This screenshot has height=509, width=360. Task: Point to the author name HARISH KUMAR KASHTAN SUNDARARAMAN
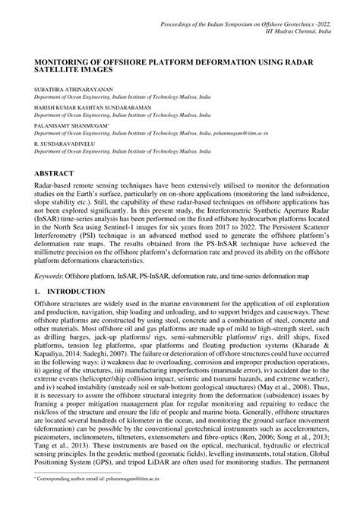[92, 108]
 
